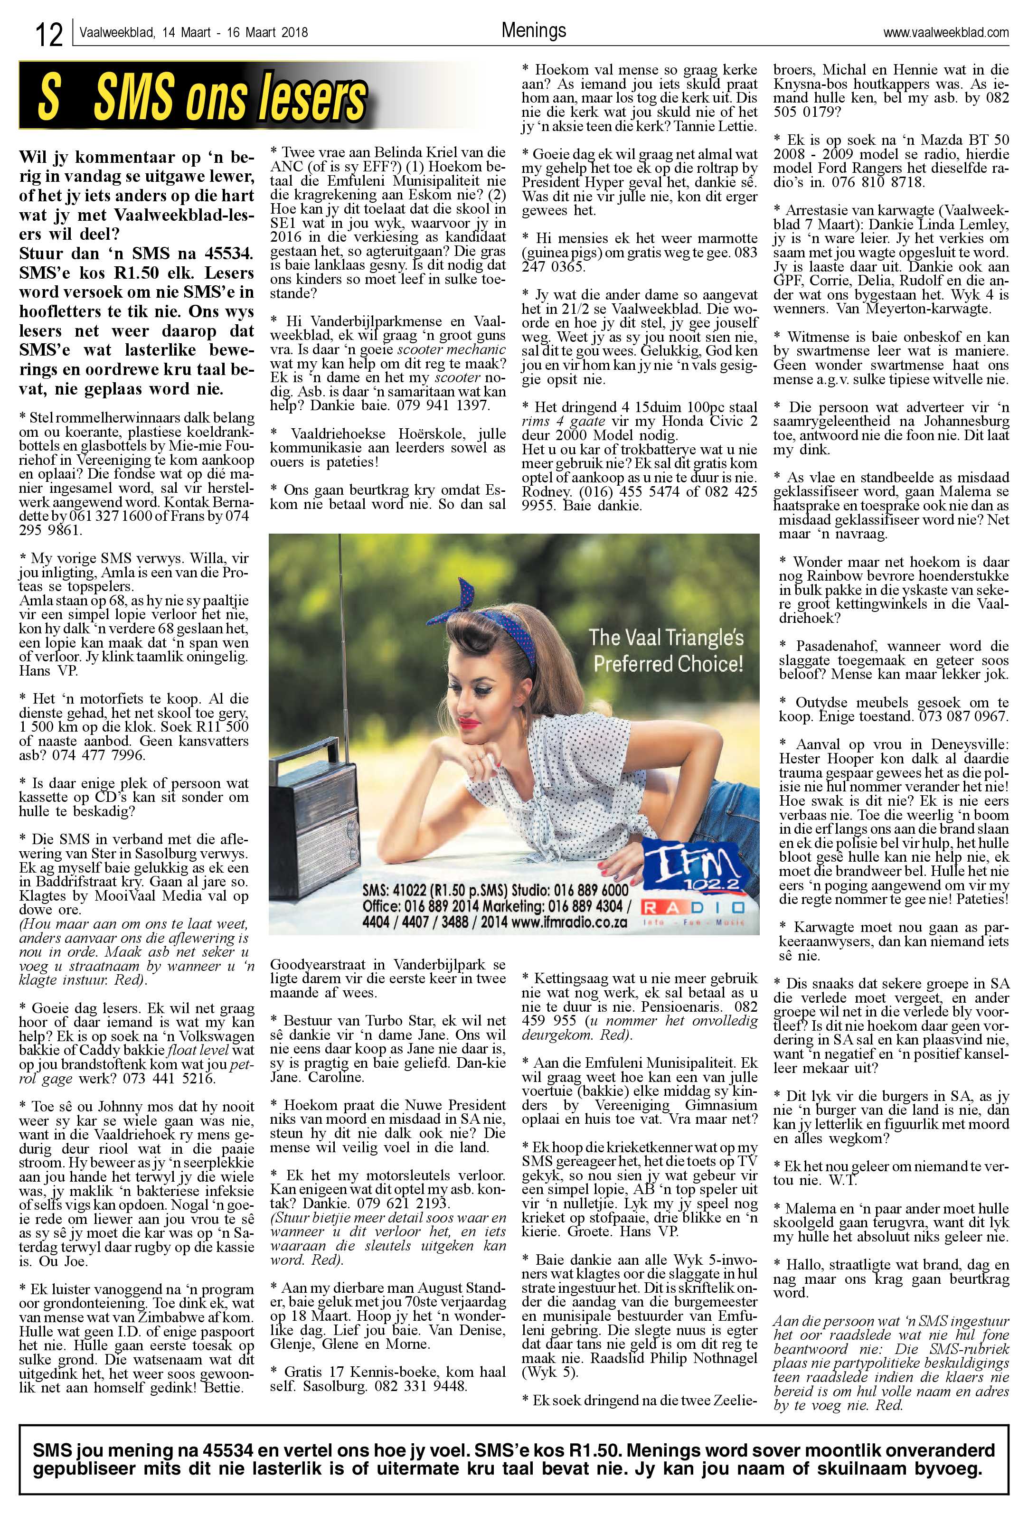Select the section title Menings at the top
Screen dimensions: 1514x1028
click(x=534, y=30)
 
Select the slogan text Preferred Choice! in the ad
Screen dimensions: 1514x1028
click(x=667, y=664)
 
